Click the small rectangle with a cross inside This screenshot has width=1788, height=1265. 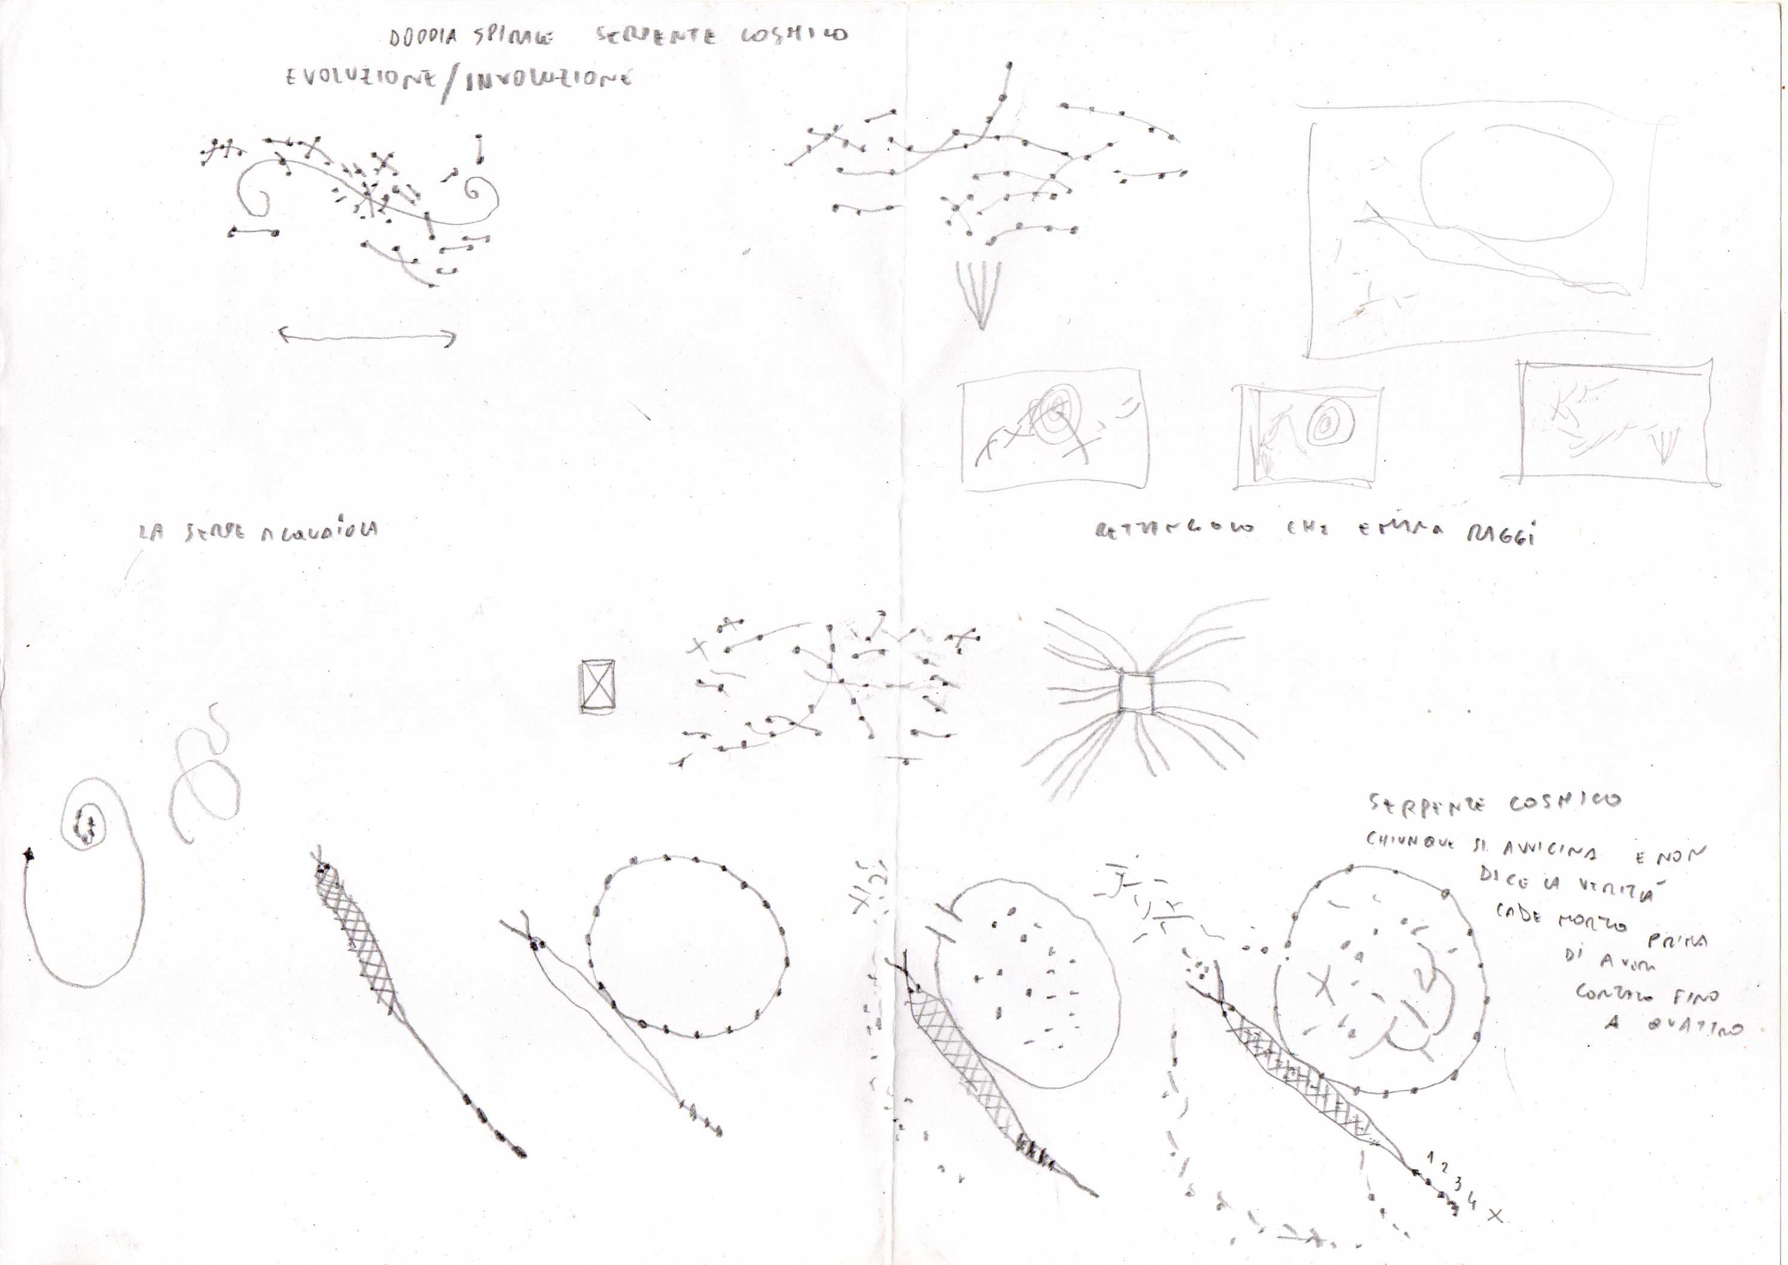tap(598, 686)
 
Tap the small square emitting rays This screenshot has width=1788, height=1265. tap(1135, 692)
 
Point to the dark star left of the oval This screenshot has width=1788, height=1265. tap(29, 855)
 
